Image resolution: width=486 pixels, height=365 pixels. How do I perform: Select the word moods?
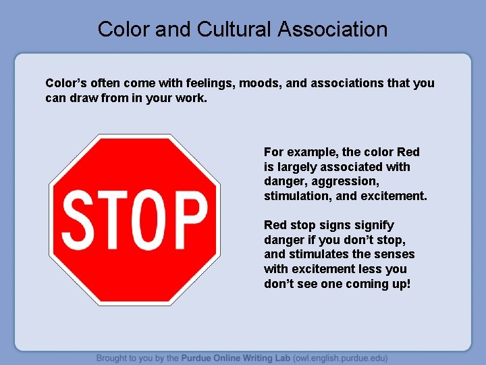(x=257, y=83)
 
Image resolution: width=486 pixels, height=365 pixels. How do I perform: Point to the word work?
(x=190, y=98)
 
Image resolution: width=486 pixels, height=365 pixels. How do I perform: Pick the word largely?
(x=296, y=167)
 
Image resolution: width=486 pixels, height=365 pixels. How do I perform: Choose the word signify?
(x=373, y=225)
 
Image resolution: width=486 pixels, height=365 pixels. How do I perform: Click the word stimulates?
(x=319, y=254)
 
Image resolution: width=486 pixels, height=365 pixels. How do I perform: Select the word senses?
(x=394, y=254)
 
